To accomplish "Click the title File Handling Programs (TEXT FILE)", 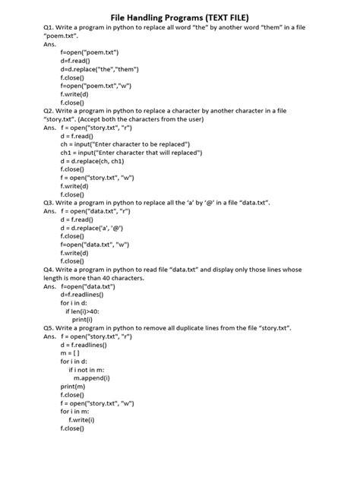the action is point(180,16).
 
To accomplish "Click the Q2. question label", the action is point(51,111).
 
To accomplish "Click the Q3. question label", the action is point(51,203).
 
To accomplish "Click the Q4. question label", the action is point(51,270).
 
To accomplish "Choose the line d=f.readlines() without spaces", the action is point(84,295).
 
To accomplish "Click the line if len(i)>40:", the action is point(83,311).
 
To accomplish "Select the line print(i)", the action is point(82,320).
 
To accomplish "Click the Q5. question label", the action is point(51,328).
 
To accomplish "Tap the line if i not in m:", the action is point(88,370).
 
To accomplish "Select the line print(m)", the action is point(74,387).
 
